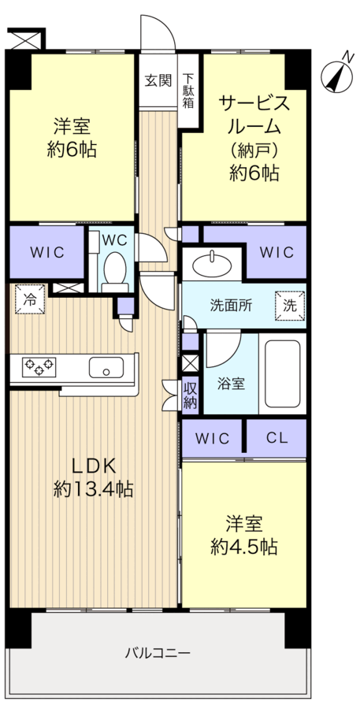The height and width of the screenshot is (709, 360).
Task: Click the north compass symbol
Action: coord(337,75)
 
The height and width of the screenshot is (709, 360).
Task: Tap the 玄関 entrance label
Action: coord(158,80)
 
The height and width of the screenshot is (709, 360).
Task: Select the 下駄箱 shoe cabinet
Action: coord(188,91)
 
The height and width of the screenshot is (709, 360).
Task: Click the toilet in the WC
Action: coord(115,271)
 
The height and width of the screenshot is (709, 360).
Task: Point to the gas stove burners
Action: coord(39,366)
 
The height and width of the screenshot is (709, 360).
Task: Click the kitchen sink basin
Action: coord(106,367)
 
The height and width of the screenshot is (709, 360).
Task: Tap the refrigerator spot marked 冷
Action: coord(30,299)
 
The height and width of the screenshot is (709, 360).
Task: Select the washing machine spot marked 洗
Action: coord(290,306)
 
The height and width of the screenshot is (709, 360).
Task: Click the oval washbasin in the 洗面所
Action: coord(212,265)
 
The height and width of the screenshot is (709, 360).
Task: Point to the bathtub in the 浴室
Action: coord(283,373)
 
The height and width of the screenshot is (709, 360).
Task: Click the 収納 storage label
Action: coord(190,395)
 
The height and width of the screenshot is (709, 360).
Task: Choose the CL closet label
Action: coord(277,438)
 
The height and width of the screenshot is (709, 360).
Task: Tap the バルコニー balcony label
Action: coord(158,652)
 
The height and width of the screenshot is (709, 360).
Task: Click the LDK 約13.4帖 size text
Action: coord(94,477)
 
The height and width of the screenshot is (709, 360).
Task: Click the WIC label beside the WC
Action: coord(47,252)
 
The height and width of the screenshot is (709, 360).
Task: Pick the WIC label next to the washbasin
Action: coord(276,252)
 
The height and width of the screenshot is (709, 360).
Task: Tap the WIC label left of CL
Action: coord(213,438)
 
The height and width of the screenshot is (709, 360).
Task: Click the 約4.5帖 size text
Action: coord(243,548)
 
